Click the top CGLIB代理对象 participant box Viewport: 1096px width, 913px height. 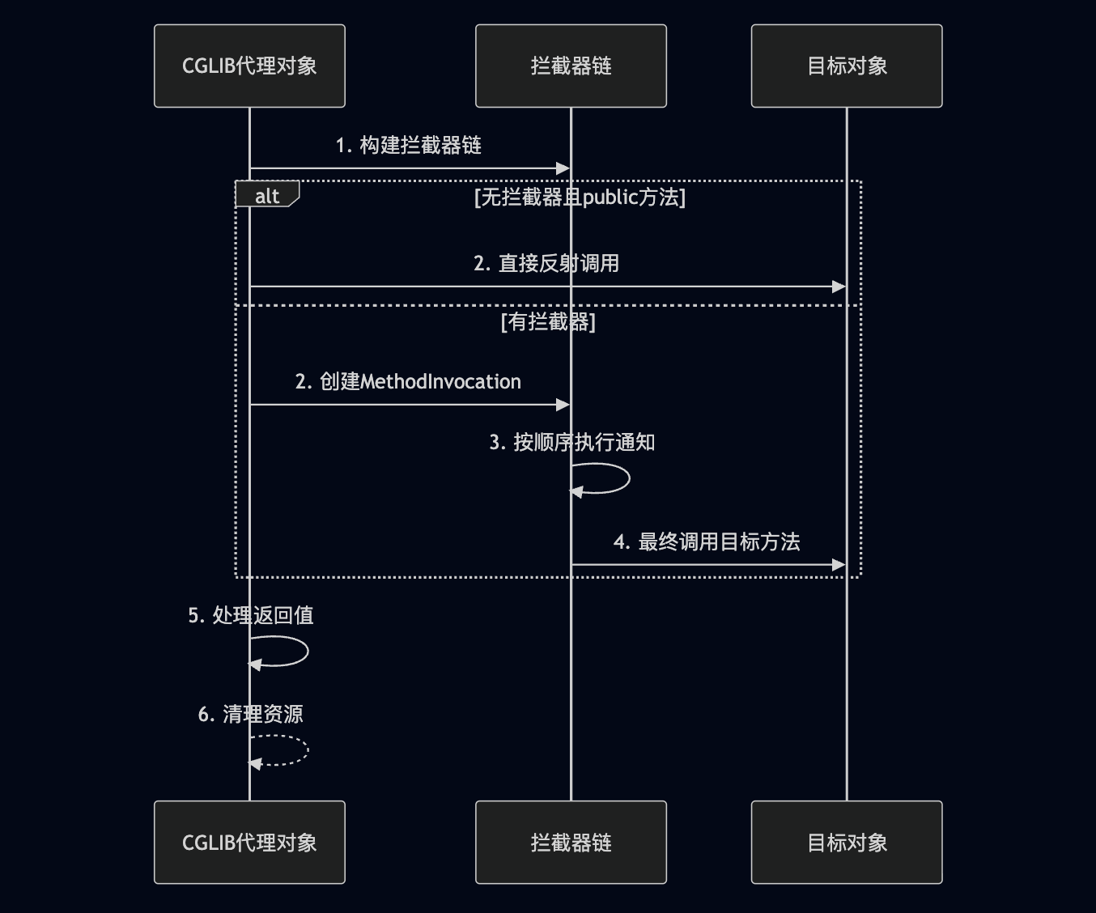point(249,66)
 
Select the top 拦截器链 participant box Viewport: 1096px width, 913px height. point(571,66)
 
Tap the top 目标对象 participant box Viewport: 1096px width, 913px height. point(847,66)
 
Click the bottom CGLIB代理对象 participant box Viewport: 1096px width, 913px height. point(249,843)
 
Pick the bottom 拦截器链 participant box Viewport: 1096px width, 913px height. point(571,843)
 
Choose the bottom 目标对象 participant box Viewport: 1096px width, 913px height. point(847,843)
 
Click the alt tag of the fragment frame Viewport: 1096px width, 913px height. point(267,195)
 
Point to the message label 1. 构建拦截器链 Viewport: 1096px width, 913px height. point(409,146)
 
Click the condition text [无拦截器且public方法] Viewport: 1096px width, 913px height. point(580,197)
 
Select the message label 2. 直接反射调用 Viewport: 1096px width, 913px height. point(546,264)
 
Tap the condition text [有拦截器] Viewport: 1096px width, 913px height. point(548,322)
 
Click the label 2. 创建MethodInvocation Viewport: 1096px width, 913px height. point(408,382)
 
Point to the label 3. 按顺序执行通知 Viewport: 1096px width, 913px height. point(572,443)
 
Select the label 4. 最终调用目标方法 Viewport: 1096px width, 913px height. point(707,542)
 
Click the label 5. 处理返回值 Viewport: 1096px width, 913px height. point(251,616)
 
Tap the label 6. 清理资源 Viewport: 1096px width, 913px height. point(251,715)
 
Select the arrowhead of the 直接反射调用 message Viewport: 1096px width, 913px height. point(839,287)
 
